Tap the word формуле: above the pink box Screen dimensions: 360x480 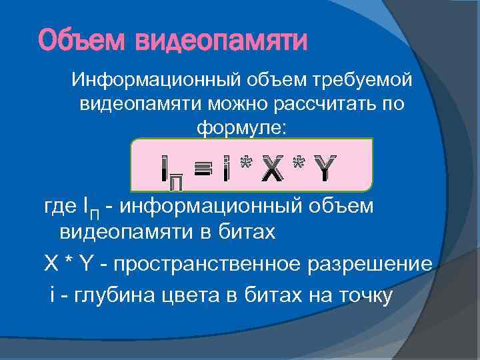pyautogui.click(x=242, y=128)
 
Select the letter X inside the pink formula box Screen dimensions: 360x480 pyautogui.click(x=275, y=165)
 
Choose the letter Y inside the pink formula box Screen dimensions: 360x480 pyautogui.click(x=324, y=165)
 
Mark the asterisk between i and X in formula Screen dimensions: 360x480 pyautogui.click(x=246, y=161)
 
